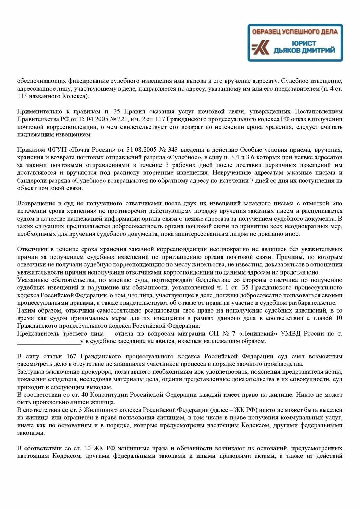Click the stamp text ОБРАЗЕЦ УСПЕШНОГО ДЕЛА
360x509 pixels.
click(x=295, y=32)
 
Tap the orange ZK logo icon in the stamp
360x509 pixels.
click(x=261, y=48)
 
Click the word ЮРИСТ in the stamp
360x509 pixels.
click(x=304, y=43)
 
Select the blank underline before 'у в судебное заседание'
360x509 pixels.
click(x=49, y=341)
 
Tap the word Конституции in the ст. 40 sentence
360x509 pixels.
click(x=109, y=395)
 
